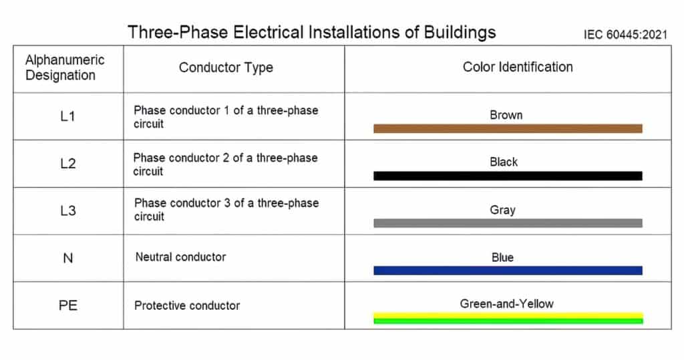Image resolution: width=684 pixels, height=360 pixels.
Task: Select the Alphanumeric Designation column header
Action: (65, 67)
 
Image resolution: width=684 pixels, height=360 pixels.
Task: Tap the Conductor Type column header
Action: (226, 67)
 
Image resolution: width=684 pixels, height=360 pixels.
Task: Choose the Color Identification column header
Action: (518, 67)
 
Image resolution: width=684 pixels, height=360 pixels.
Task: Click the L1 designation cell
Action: (67, 117)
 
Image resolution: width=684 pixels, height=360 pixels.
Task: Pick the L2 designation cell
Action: (67, 164)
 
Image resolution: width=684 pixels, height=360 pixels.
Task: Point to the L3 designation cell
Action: (67, 211)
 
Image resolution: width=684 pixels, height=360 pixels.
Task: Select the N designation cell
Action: (67, 258)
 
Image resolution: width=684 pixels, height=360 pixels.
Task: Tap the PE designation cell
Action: (67, 305)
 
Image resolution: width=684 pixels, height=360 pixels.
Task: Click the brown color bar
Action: (508, 128)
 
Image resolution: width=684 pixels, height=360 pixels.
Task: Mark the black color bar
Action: (508, 176)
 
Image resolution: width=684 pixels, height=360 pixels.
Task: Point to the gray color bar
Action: (508, 223)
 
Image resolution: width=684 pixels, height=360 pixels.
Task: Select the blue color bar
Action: (508, 271)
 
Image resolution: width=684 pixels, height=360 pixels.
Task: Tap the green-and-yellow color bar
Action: (508, 318)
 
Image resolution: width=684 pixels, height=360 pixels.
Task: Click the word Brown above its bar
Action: (506, 115)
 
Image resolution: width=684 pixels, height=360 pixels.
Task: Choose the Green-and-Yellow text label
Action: (506, 304)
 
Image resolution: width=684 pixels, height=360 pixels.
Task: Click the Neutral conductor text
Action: (180, 257)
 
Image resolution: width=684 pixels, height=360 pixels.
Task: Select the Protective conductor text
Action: (187, 305)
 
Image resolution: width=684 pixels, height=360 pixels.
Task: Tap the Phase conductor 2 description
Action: (225, 164)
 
